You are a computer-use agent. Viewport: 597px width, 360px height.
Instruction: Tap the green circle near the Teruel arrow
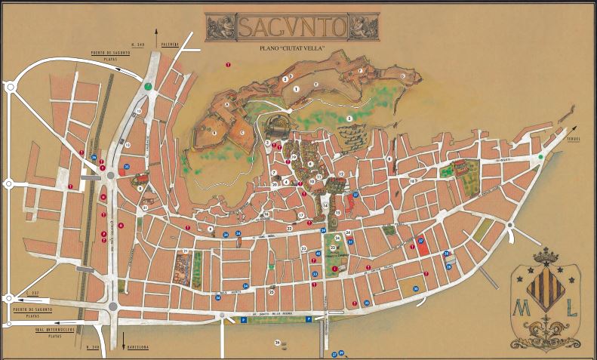(x=541, y=157)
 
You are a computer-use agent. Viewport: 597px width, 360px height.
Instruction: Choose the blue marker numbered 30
(x=415, y=288)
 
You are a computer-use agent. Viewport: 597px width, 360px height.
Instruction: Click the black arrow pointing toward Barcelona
(x=123, y=341)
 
